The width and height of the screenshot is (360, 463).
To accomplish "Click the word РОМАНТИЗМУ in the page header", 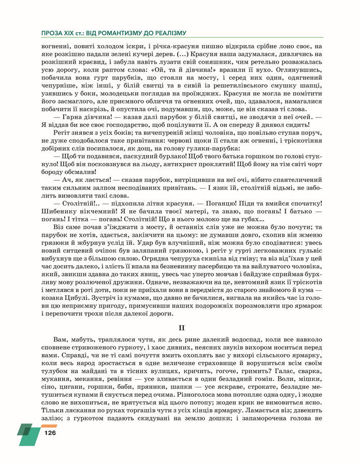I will coord(113,33).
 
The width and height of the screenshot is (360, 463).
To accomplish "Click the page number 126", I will coord(50,432).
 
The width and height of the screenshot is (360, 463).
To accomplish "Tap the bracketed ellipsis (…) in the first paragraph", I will coord(182,54).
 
